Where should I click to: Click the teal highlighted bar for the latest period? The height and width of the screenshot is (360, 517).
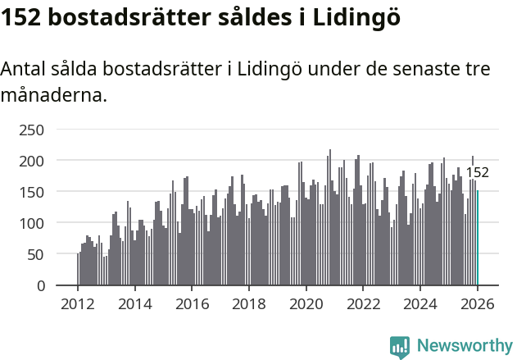(478, 238)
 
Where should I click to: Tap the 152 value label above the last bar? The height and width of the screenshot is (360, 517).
(478, 172)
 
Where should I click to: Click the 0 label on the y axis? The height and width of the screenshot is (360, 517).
(39, 285)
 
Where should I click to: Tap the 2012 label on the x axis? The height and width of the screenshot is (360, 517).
(78, 304)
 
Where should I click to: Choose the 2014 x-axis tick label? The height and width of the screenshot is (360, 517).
(135, 304)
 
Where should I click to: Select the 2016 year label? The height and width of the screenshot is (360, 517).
(192, 304)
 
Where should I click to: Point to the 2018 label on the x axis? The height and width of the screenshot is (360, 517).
(249, 304)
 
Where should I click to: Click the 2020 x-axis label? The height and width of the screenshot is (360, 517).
(306, 304)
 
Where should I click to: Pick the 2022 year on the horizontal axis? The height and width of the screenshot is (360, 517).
(363, 304)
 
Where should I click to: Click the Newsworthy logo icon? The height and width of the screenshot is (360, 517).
(400, 347)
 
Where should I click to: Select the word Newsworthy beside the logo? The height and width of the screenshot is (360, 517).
(464, 347)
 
